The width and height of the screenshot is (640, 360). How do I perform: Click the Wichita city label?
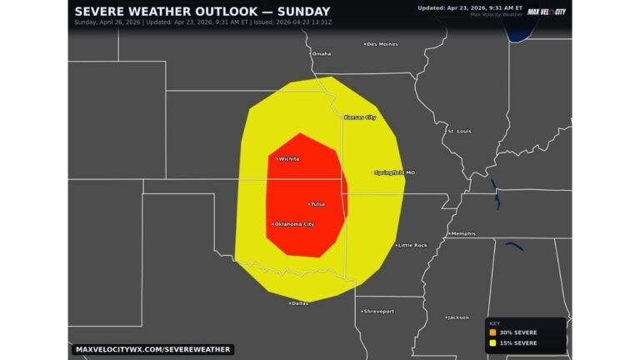tap(288, 158)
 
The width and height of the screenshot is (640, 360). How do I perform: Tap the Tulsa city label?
tap(317, 203)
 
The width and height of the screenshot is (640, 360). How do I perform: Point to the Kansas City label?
tap(360, 117)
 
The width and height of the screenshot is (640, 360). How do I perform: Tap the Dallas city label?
tap(299, 303)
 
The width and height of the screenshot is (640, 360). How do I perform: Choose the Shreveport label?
tap(378, 311)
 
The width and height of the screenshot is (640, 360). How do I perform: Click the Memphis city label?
tap(462, 234)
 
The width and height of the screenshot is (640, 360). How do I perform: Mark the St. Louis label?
tap(460, 131)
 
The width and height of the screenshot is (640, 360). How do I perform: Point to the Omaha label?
tap(321, 53)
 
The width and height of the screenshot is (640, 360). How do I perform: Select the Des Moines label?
tap(382, 44)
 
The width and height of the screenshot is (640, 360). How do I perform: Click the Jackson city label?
tap(457, 317)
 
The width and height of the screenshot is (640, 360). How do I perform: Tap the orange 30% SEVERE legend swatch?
tap(492, 332)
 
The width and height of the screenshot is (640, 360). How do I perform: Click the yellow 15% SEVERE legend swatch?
tap(492, 342)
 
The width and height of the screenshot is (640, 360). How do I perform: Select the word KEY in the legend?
tap(495, 323)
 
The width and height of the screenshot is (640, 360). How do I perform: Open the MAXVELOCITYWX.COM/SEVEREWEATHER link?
tap(152, 349)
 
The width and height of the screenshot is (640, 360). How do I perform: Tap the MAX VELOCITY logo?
tap(546, 12)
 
